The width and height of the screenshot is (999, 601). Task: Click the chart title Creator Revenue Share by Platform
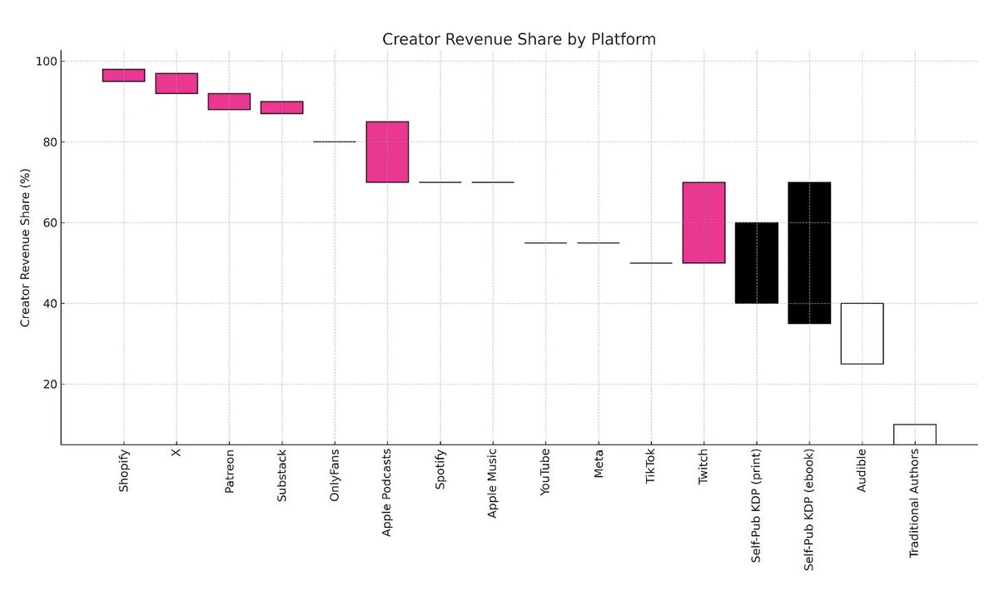pos(519,39)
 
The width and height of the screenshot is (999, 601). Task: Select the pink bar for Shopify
pos(123,76)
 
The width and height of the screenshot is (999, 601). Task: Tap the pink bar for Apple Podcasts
pos(387,151)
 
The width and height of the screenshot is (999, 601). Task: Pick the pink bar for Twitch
pos(703,222)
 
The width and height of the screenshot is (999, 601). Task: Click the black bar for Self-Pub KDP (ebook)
pos(809,252)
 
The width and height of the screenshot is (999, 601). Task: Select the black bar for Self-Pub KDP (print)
pos(756,263)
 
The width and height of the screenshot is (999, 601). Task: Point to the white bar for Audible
pos(862,334)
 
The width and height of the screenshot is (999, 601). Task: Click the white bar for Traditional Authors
pos(914,435)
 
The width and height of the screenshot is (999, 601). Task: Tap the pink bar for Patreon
pos(229,102)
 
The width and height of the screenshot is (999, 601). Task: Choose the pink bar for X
pos(176,83)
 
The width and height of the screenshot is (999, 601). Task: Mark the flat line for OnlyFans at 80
pos(335,142)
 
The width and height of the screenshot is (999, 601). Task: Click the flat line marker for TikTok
pos(651,263)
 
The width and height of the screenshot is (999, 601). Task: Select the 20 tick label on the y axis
pos(49,385)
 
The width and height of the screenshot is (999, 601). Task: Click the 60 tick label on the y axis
pos(49,223)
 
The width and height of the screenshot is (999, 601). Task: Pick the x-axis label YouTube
pos(545,472)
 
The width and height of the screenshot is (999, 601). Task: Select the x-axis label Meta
pos(598,463)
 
